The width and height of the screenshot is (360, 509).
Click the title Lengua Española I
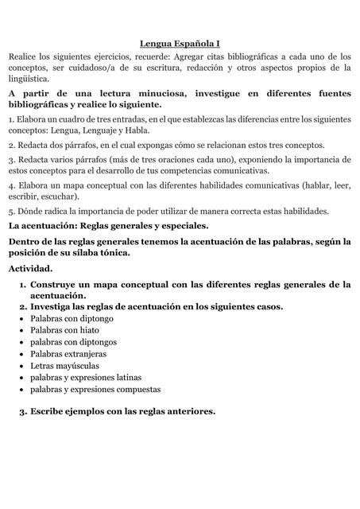click(180, 45)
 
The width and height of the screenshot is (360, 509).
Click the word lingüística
click(28, 79)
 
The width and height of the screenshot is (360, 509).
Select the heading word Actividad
click(31, 268)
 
